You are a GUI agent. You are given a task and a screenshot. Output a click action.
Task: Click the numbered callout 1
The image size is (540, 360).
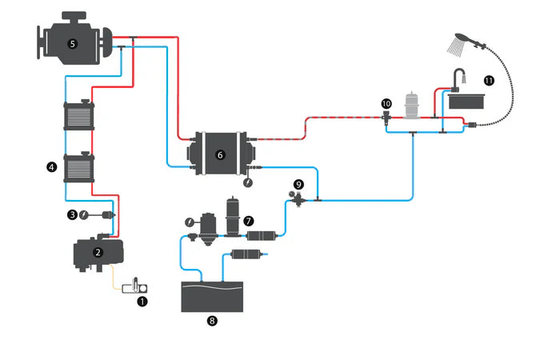tap(143, 302)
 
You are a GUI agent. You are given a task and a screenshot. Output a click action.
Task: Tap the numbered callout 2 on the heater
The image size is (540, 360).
tap(98, 251)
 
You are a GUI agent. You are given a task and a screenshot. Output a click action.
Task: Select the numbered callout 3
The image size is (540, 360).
tap(72, 214)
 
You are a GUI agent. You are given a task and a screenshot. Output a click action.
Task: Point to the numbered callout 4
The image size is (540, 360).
tap(52, 167)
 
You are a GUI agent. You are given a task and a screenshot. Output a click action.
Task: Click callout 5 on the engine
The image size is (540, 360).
tap(73, 44)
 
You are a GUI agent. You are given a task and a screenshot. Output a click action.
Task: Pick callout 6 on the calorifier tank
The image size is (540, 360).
tap(220, 154)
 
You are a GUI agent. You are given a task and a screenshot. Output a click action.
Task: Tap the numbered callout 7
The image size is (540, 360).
tap(249, 218)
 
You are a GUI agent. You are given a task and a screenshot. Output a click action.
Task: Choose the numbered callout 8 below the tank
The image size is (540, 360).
tap(212, 320)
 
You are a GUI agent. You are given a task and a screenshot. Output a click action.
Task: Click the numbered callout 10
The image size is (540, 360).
tap(386, 103)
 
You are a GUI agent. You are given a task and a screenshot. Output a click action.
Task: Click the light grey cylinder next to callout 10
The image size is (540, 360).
tap(413, 105)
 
